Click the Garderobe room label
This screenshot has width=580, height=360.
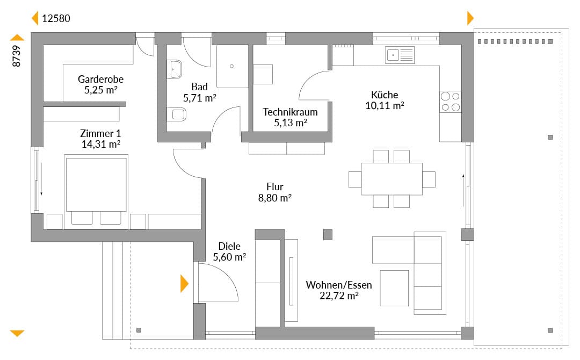coord(100,79)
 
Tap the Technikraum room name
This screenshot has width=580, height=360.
coord(291,112)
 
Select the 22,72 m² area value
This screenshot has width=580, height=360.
coord(339,296)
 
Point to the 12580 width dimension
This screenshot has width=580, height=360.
coord(56,18)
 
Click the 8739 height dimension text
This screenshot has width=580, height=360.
coord(16,56)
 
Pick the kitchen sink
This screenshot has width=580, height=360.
coord(400,55)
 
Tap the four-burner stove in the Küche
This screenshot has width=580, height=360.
coord(451,102)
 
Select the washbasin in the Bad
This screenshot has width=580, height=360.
coord(174,69)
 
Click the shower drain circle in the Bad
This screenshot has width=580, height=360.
coord(231,66)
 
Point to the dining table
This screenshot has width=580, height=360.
coord(392,179)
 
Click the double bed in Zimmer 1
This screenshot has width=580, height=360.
coord(96,191)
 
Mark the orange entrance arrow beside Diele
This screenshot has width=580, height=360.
coord(184,284)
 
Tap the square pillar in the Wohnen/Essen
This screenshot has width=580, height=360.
coord(328,234)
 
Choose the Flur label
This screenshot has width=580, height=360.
coord(275,187)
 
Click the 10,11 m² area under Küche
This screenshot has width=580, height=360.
coord(385,105)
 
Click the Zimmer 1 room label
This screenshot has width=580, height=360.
coord(100,133)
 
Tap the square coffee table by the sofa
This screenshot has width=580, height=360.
coord(394,288)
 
